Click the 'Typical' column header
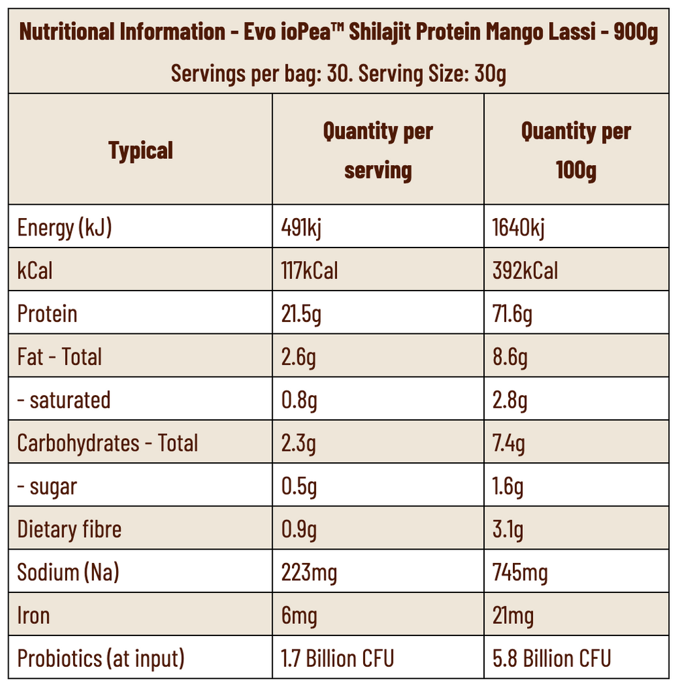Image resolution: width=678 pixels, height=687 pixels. [x=140, y=150]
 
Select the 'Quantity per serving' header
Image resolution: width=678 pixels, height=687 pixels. [x=377, y=150]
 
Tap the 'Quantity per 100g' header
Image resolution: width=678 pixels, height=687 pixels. [x=576, y=150]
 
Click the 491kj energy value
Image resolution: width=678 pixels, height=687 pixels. [x=301, y=228]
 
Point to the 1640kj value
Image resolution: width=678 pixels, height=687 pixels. [x=518, y=228]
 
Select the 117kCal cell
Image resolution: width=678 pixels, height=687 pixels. [x=309, y=271]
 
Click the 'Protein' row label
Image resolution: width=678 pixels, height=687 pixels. [x=47, y=314]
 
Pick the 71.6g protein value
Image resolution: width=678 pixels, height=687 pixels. [x=512, y=314]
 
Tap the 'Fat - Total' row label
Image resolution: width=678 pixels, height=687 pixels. [x=59, y=357]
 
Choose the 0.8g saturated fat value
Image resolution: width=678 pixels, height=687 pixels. [x=299, y=401]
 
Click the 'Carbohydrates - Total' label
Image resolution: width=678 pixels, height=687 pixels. [x=107, y=443]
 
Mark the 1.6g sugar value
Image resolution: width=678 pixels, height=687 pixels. [x=508, y=486]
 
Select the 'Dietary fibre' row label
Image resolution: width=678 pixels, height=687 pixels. [x=69, y=529]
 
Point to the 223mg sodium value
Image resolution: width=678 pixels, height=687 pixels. [x=309, y=572]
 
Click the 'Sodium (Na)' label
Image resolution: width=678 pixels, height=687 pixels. [x=68, y=572]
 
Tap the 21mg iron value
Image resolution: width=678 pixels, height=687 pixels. [x=513, y=615]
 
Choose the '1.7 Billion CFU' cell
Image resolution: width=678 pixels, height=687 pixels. [x=337, y=658]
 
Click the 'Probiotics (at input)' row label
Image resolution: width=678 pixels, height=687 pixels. [x=101, y=658]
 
